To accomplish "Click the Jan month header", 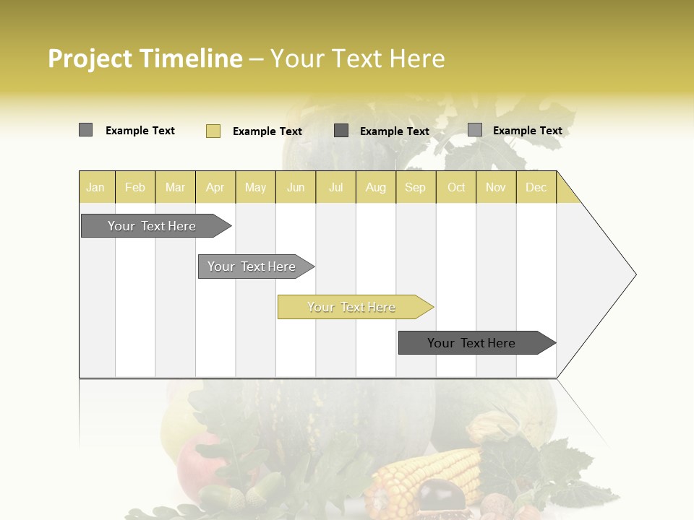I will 95,188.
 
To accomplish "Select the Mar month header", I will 175,188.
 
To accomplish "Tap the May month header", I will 255,188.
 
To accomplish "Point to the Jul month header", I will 335,188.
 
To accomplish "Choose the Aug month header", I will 375,188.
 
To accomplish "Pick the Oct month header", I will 456,188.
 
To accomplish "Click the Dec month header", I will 536,188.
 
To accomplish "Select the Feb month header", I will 135,188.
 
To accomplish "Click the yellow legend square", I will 213,131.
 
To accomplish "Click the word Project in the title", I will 90,58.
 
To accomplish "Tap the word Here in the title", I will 417,58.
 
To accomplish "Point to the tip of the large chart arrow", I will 635,274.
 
